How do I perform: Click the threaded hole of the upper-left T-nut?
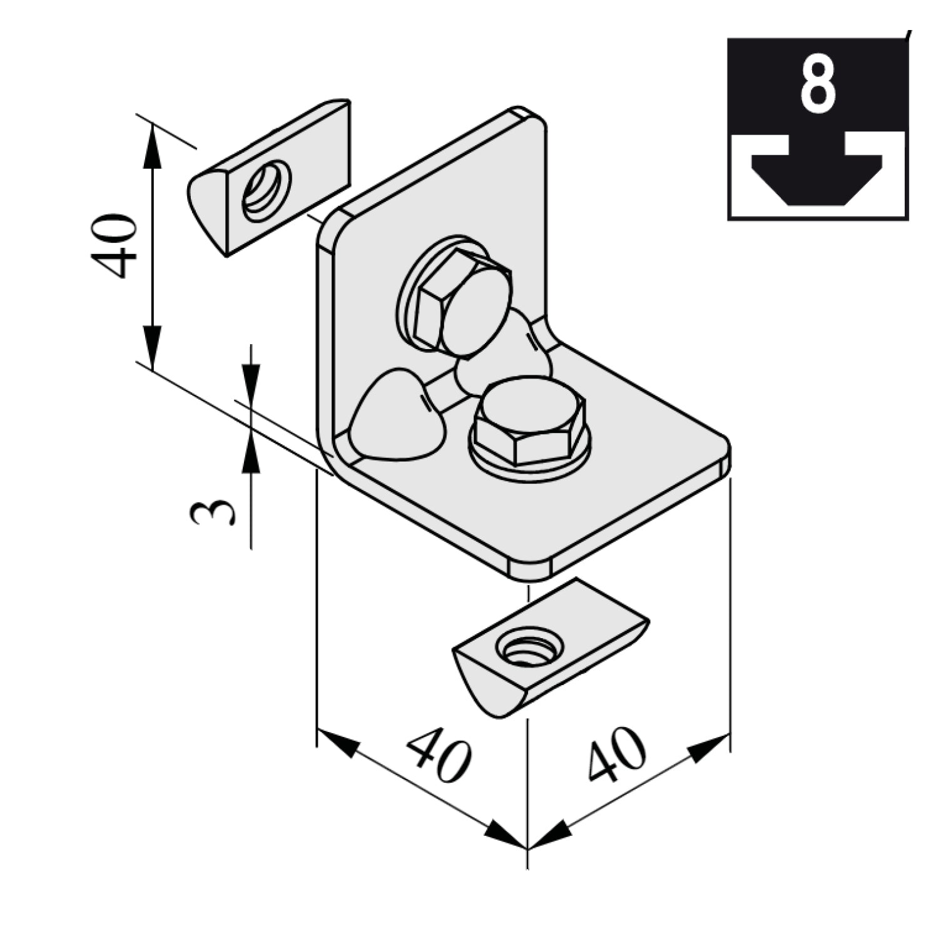click(x=267, y=190)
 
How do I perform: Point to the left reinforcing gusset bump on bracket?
click(x=398, y=415)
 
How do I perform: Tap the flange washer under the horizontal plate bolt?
click(x=531, y=460)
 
